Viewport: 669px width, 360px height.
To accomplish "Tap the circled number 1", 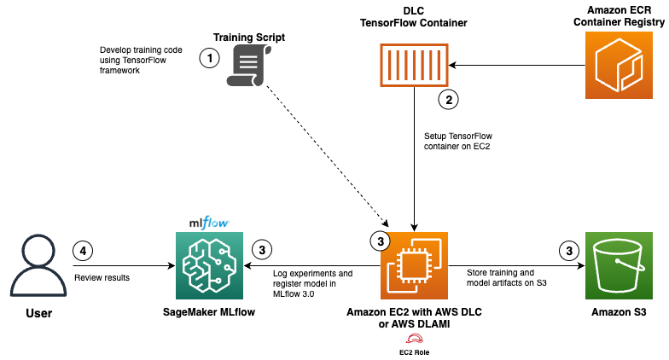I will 208,58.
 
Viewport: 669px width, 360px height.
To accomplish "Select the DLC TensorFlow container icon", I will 414,66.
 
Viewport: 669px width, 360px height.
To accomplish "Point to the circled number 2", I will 448,99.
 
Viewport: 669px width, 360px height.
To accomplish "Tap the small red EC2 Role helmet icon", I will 413,337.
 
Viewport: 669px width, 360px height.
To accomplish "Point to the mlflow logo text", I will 208,224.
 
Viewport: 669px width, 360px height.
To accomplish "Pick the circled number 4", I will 83,251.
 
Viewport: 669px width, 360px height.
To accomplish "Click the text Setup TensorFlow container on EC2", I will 457,141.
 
